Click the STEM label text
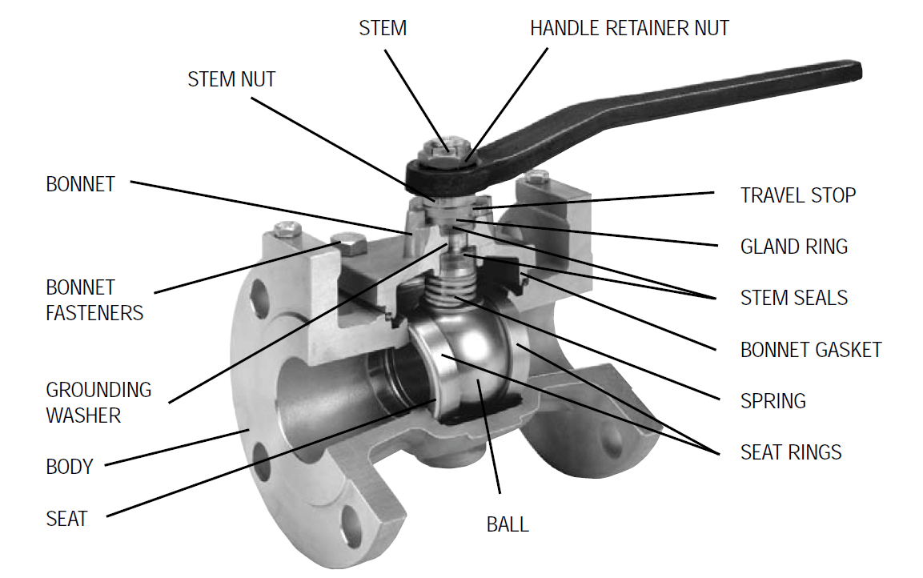pyautogui.click(x=382, y=28)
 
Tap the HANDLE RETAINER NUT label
pyautogui.click(x=629, y=28)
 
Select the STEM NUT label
pyautogui.click(x=231, y=79)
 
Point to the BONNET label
pyautogui.click(x=80, y=184)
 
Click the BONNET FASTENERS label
pyautogui.click(x=94, y=300)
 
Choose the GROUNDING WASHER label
pyautogui.click(x=98, y=403)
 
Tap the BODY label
pyautogui.click(x=70, y=467)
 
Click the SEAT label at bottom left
pyautogui.click(x=66, y=519)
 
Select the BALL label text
pyautogui.click(x=508, y=525)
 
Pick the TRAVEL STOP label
pyautogui.click(x=797, y=195)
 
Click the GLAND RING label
pyautogui.click(x=793, y=247)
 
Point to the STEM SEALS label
pyautogui.click(x=793, y=299)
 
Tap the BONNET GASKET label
pyautogui.click(x=810, y=350)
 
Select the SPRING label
pyautogui.click(x=773, y=401)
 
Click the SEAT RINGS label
pyautogui.click(x=791, y=452)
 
